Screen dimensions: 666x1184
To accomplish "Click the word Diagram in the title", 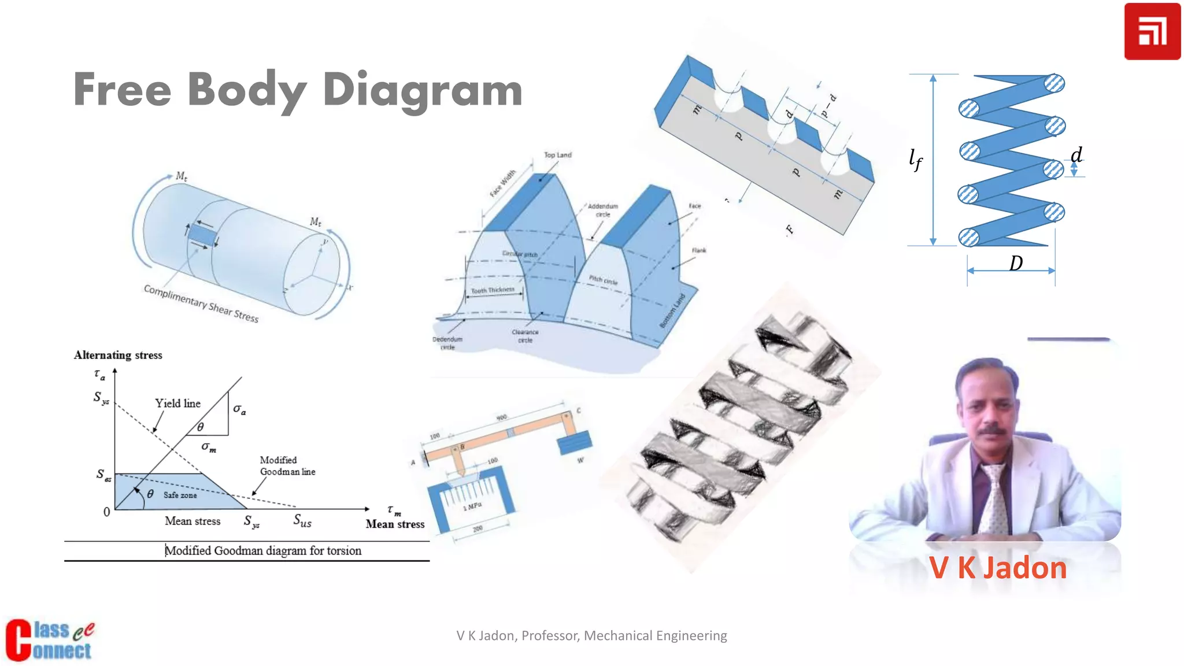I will [422, 91].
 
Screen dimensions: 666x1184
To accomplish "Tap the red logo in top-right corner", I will [1152, 31].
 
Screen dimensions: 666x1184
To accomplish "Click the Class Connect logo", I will [49, 640].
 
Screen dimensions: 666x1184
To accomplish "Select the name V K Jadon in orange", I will [998, 568].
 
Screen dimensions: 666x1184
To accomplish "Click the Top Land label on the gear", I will [557, 155].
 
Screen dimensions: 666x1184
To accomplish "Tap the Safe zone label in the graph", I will [180, 495].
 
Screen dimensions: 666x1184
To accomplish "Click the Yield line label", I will [177, 404].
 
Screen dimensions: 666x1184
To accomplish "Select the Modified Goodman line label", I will [287, 466].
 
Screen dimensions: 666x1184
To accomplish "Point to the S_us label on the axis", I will [302, 521].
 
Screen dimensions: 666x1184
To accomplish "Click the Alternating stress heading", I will [118, 355].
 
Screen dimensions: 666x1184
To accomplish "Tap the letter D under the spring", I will [1016, 264].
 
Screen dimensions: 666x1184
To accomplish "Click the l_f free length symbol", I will [916, 159].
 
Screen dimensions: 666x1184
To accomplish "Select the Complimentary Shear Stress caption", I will [201, 304].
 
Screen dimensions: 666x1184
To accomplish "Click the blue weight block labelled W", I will [574, 443].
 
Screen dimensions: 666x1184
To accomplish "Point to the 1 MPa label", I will [472, 506].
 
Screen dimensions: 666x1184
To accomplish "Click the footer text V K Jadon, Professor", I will [591, 635].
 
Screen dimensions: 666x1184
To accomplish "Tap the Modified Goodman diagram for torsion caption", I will [263, 551].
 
